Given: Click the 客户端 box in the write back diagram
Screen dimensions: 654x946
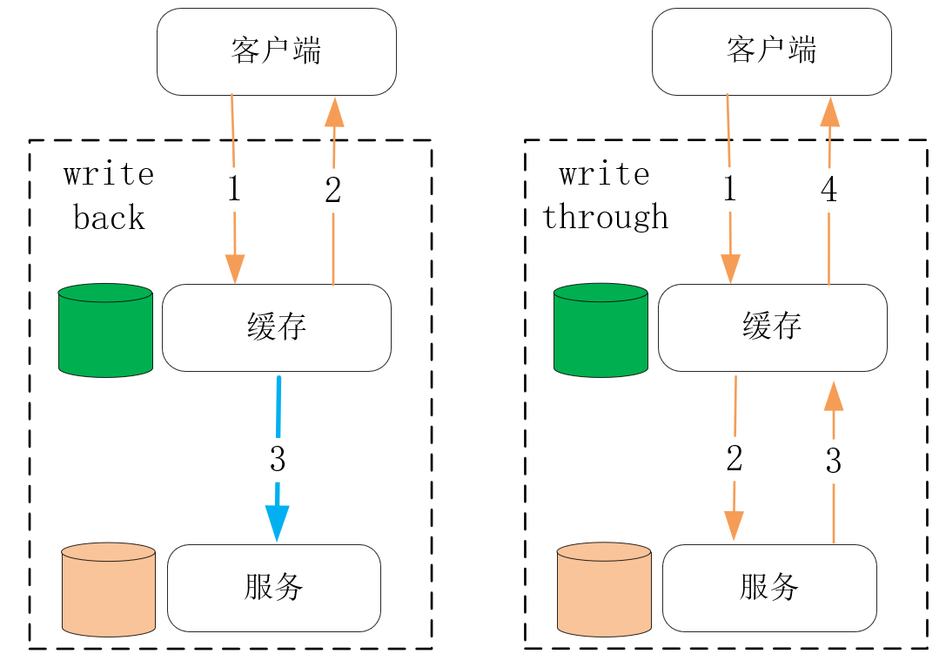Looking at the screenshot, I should click(x=276, y=51).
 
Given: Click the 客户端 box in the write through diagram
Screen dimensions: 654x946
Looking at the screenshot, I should click(x=771, y=51).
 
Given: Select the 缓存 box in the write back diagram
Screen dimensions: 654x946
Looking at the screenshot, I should click(x=276, y=327).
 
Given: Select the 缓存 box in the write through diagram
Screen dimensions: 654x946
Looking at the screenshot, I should click(x=772, y=327).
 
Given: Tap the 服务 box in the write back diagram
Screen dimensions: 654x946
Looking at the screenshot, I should click(x=273, y=588).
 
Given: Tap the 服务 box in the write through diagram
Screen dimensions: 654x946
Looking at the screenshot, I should click(x=769, y=588).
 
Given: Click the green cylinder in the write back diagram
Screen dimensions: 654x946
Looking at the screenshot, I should click(x=105, y=331).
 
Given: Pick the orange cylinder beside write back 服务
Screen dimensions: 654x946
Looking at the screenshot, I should click(x=109, y=590).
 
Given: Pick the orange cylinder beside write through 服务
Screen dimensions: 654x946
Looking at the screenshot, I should click(x=604, y=590).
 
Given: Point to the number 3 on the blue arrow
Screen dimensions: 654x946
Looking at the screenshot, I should click(x=278, y=459).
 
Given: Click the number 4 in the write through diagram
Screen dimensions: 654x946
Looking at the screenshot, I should click(x=829, y=190).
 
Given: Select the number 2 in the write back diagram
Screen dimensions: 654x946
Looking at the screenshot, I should click(x=333, y=191).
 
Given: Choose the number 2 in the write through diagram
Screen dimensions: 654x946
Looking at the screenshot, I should click(x=735, y=459).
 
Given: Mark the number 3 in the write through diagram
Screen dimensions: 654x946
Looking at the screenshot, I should click(x=834, y=462).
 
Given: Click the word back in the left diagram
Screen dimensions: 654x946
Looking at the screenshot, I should click(x=109, y=218).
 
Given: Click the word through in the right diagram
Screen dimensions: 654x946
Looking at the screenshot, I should click(x=606, y=217).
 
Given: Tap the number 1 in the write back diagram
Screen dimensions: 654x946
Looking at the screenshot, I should click(x=233, y=190).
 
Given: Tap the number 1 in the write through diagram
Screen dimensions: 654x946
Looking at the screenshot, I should click(x=729, y=190).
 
